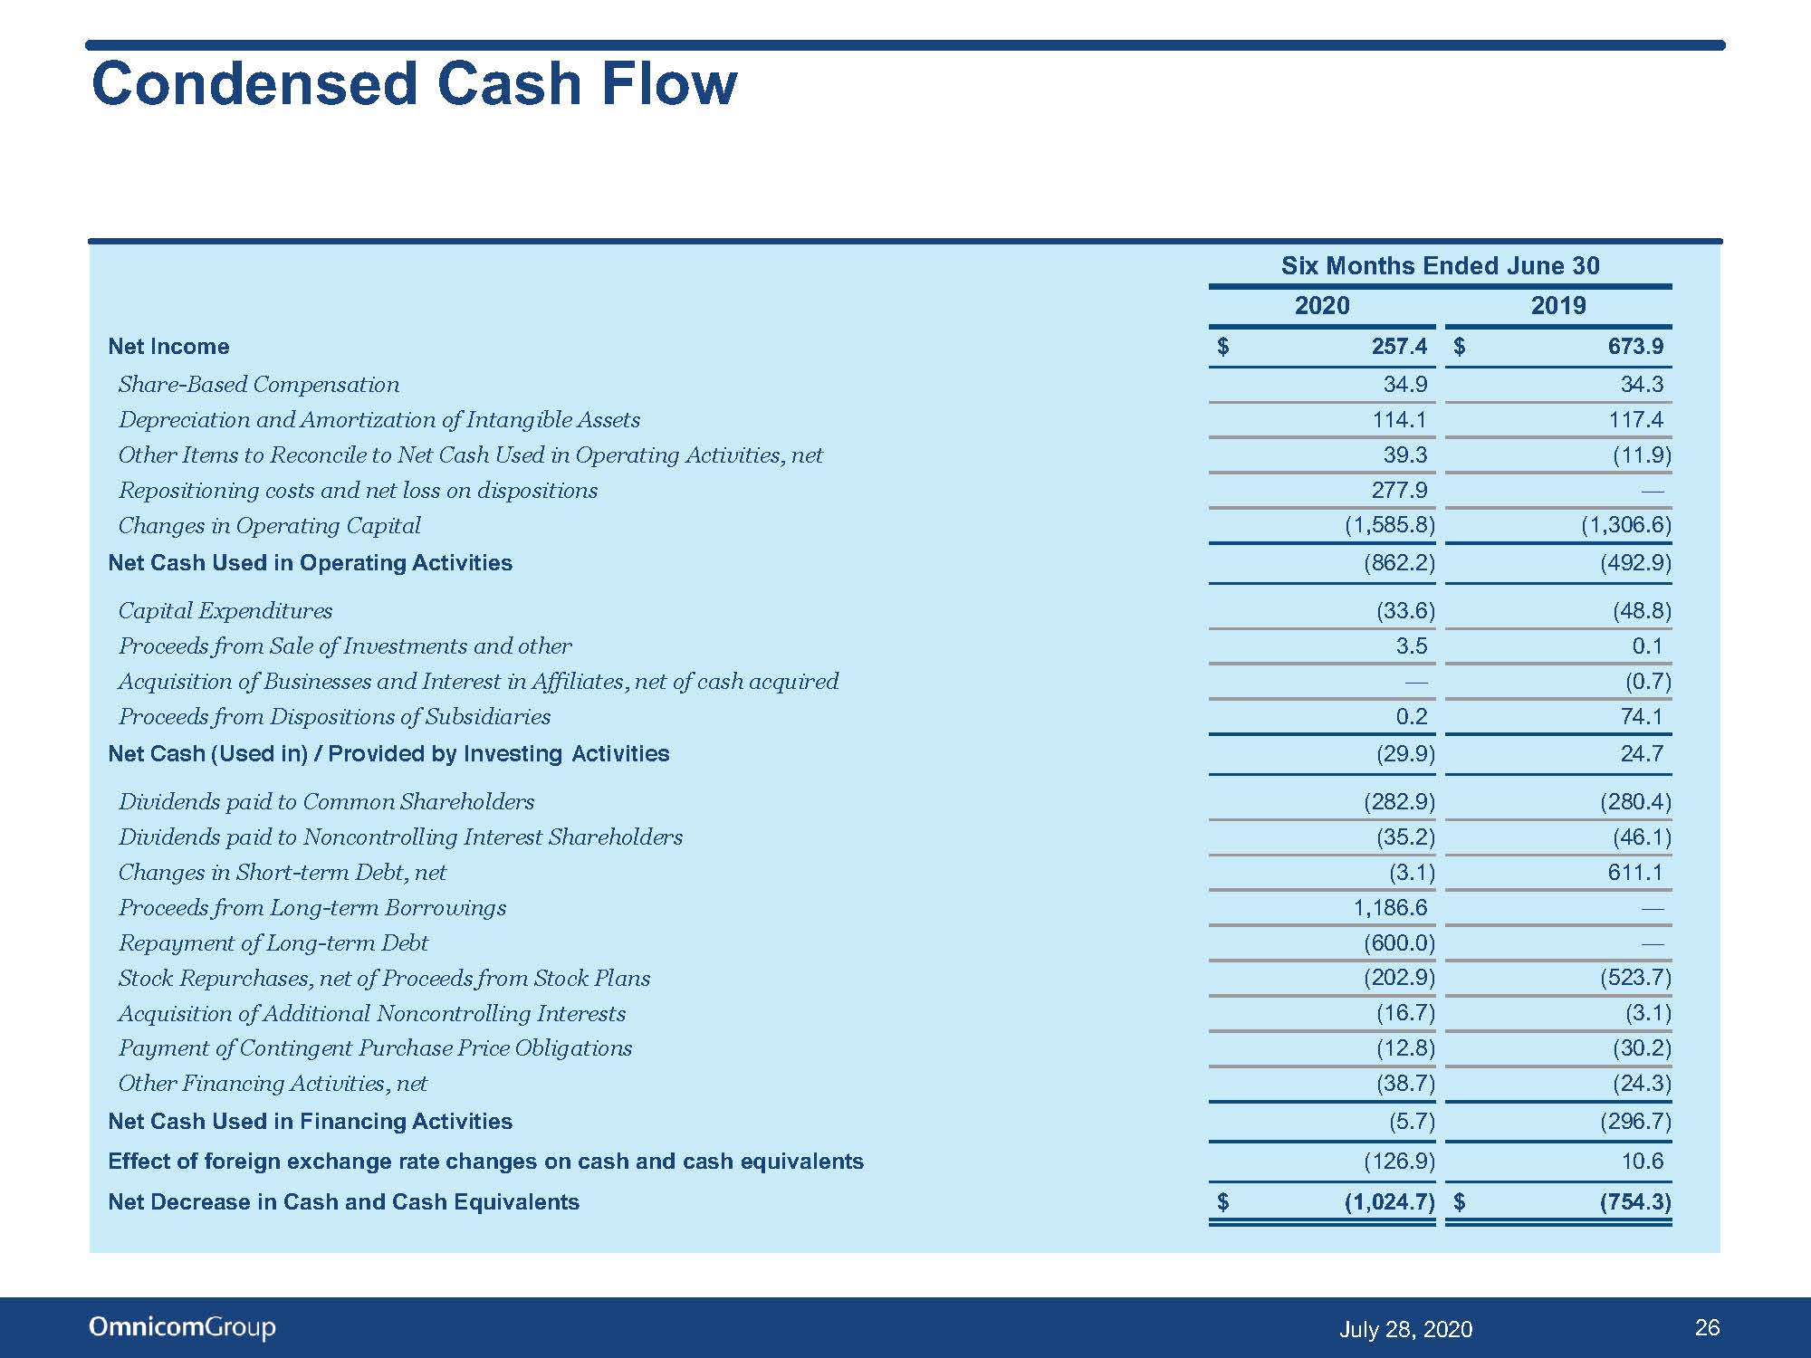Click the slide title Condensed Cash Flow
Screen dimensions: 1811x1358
click(x=414, y=84)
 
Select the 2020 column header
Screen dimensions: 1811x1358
click(x=1322, y=305)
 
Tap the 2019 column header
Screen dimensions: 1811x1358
click(x=1558, y=305)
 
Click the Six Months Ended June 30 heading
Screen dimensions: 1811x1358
click(x=1440, y=265)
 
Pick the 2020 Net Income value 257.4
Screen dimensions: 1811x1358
click(x=1399, y=346)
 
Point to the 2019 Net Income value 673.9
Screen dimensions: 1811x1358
click(x=1635, y=346)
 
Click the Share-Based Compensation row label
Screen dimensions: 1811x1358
click(x=259, y=385)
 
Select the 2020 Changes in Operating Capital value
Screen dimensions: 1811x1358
click(x=1390, y=525)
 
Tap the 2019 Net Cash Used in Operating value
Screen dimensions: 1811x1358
click(x=1635, y=563)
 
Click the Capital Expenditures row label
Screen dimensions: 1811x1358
click(x=225, y=611)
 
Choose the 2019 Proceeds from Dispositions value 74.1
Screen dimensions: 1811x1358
click(x=1642, y=717)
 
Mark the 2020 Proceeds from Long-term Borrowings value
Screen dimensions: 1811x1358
click(x=1390, y=908)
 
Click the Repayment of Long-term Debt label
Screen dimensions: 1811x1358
click(x=273, y=943)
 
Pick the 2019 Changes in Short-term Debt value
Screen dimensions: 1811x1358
click(x=1635, y=873)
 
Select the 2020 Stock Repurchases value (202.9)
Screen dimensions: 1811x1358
click(x=1399, y=978)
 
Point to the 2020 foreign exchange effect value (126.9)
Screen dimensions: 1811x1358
click(x=1399, y=1161)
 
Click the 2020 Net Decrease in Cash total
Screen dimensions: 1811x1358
click(x=1390, y=1202)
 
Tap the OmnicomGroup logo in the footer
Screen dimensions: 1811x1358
click(x=182, y=1328)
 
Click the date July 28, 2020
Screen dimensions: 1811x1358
click(x=1405, y=1329)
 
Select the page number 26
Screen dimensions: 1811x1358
click(x=1707, y=1327)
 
